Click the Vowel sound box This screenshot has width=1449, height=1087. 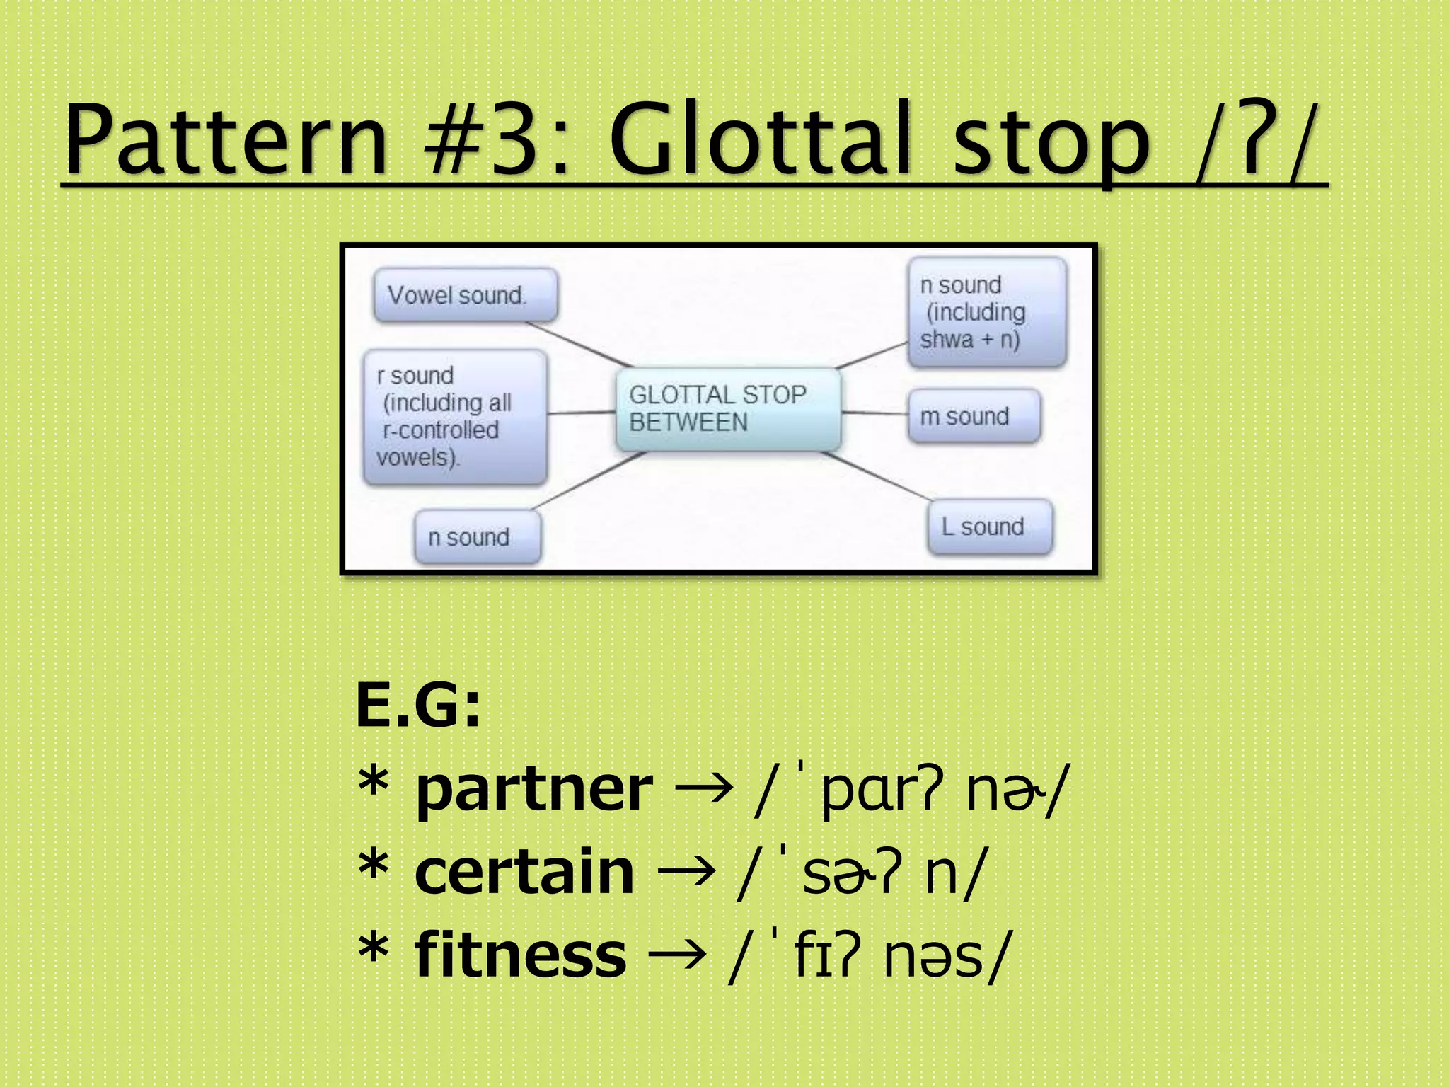tap(465, 295)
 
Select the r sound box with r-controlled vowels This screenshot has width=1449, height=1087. tap(455, 417)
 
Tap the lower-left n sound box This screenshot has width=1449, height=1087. tap(478, 537)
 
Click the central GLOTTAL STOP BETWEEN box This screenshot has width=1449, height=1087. tap(727, 408)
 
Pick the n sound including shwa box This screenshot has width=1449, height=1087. tap(986, 312)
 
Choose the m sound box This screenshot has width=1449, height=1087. tap(974, 416)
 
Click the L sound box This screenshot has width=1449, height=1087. tap(990, 527)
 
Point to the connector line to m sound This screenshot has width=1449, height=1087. tap(874, 412)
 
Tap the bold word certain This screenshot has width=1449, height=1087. tap(524, 872)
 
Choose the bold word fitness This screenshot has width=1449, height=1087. tap(520, 955)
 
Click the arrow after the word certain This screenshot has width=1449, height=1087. tap(685, 872)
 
